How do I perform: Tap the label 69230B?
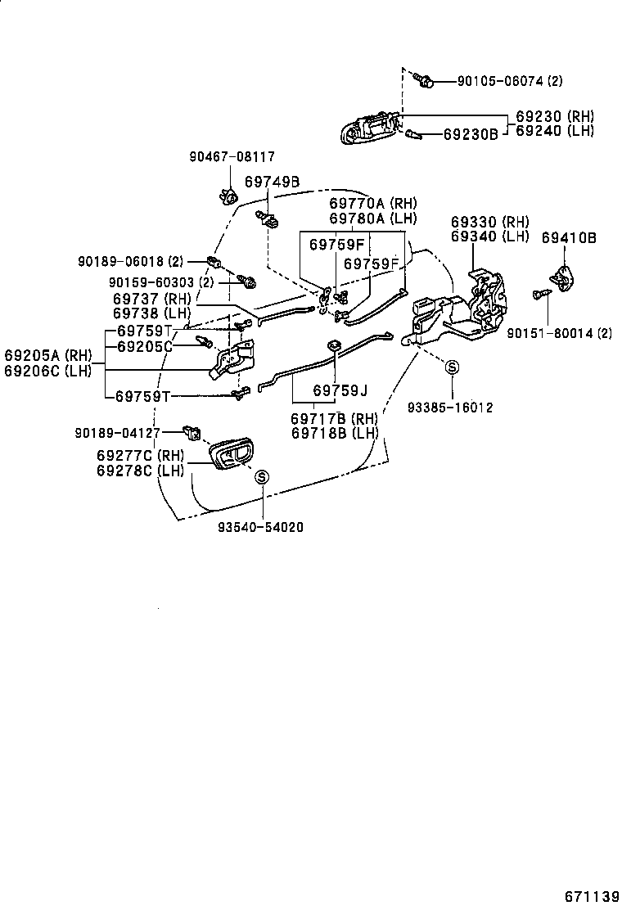(x=471, y=133)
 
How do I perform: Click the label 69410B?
(x=569, y=238)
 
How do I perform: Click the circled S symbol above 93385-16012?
(x=451, y=369)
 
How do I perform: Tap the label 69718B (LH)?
(x=335, y=432)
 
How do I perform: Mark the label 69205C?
(x=144, y=346)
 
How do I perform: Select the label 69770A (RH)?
(x=372, y=203)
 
